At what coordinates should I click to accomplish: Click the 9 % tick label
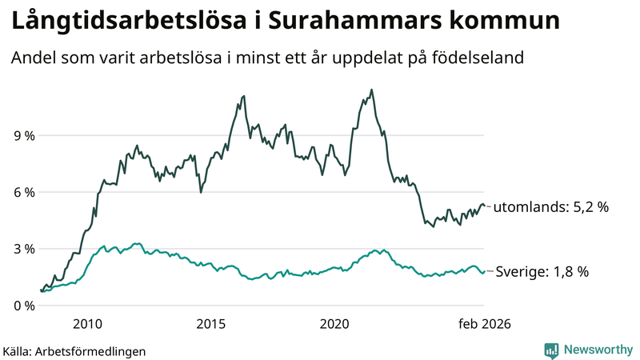pos(24,136)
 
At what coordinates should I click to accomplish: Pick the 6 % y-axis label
pos(24,193)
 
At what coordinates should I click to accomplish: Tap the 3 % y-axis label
pos(24,250)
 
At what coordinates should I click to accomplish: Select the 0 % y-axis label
pos(24,306)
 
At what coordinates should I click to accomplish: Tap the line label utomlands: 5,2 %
pos(550,207)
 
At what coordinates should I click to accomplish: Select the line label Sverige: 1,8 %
pos(541,272)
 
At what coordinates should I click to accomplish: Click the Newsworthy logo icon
pos(552,350)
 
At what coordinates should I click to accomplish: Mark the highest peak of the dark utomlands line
pos(371,90)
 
